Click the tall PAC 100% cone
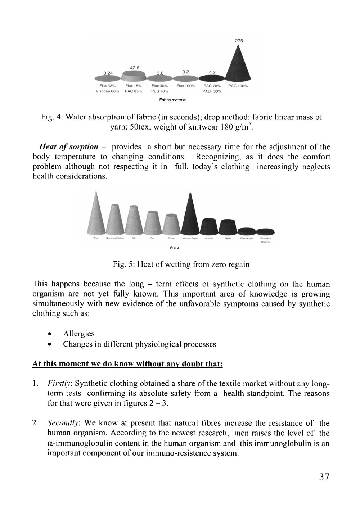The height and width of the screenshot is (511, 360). (238, 67)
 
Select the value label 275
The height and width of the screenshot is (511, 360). (239, 41)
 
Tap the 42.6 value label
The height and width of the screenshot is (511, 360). (135, 68)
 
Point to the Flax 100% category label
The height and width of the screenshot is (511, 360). (185, 86)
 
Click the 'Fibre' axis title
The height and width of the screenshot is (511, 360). (175, 248)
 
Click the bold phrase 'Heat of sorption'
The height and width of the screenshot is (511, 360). (69, 147)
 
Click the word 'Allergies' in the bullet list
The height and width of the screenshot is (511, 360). (78, 334)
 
